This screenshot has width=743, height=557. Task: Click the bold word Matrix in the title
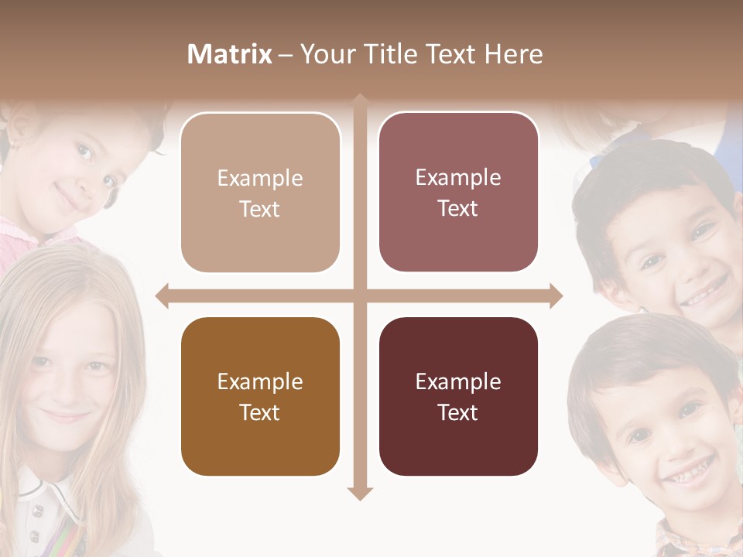point(229,54)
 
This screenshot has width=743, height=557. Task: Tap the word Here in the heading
point(513,54)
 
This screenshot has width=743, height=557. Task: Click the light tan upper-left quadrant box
point(260,193)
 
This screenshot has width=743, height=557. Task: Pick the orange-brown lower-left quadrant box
point(260,396)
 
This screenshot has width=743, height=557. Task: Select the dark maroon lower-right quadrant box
point(458,396)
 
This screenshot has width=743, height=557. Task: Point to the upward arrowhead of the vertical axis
point(360,101)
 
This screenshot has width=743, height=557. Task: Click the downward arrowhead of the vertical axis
point(360,494)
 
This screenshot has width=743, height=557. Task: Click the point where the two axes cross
point(360,296)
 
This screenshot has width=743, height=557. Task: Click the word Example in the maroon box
point(458,381)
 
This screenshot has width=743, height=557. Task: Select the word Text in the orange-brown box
point(260,412)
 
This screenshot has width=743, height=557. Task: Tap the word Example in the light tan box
point(260,178)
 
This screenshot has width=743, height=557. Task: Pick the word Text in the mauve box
point(458,208)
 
